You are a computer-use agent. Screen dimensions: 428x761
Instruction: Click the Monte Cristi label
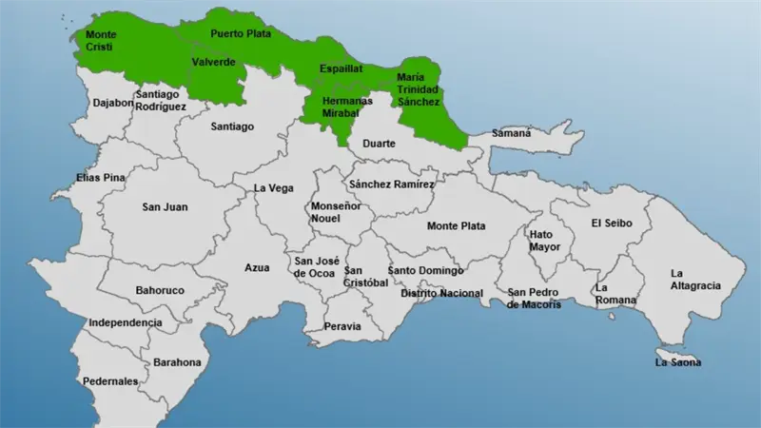tap(101, 40)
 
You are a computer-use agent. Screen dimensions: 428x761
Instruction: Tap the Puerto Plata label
tap(241, 33)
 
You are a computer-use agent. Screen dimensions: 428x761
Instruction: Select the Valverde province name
tap(213, 62)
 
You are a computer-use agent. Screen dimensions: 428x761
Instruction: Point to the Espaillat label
tap(341, 69)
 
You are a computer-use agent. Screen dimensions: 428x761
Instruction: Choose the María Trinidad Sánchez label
tap(419, 88)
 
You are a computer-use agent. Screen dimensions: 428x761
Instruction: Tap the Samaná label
tap(511, 134)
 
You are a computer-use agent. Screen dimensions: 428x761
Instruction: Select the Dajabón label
tap(113, 103)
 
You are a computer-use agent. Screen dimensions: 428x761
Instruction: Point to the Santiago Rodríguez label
tap(160, 101)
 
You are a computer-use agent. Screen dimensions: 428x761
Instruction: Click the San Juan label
tap(165, 206)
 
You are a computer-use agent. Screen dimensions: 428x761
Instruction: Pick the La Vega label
tap(273, 188)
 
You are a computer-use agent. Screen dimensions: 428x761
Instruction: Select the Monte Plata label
tap(456, 225)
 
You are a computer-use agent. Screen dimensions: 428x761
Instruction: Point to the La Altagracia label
tap(695, 280)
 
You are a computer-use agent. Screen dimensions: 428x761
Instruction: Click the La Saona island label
tap(678, 362)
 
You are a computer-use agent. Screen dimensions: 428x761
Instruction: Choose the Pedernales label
tap(112, 381)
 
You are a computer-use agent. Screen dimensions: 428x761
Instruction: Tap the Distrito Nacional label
tap(441, 293)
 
